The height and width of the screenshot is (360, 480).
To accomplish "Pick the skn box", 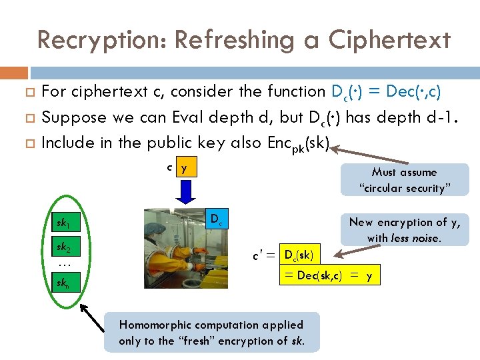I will point(65,284).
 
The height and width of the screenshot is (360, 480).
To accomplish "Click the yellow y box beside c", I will point(185,168).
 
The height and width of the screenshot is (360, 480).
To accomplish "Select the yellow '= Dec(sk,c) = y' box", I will point(331,275).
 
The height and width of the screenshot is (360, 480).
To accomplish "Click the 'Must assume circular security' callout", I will point(405,180).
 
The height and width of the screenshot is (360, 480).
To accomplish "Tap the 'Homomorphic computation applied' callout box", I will point(211,333).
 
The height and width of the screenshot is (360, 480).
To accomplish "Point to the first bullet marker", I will point(28,91).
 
